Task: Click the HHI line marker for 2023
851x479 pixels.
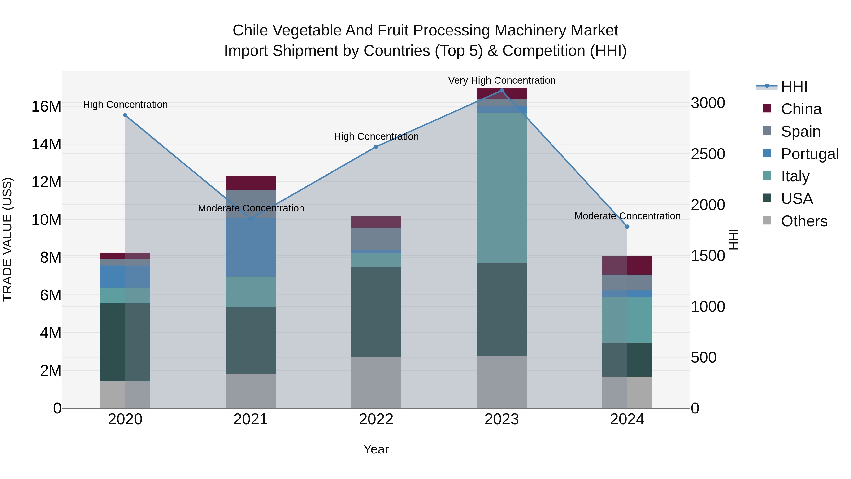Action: coord(501,91)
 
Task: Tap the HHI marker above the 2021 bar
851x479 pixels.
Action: coord(251,219)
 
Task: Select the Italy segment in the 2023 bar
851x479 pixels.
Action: coord(501,188)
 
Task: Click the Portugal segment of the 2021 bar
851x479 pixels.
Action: coord(251,247)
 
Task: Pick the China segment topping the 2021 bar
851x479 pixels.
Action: coord(251,183)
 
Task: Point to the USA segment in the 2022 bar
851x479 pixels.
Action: coord(376,311)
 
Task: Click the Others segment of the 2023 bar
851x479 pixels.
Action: coord(501,382)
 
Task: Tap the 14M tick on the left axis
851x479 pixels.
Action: coord(46,145)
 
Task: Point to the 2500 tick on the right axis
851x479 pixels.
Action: coord(708,154)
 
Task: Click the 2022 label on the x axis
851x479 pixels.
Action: coord(376,419)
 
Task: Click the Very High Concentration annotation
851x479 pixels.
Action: coord(501,80)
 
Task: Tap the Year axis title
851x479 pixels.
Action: coord(376,449)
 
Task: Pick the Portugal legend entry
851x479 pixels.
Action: coord(810,154)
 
